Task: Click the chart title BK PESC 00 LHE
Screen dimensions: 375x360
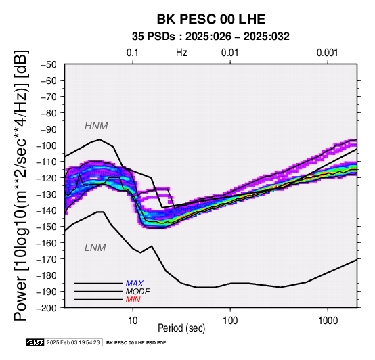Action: [x=211, y=19]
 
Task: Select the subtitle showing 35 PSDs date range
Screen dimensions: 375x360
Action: [x=211, y=37]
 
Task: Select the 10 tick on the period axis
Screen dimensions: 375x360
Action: [x=133, y=321]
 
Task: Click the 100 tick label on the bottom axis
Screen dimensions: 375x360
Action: [x=230, y=321]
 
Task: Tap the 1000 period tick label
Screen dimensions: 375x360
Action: [x=328, y=321]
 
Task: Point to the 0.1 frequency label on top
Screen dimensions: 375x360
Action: [x=133, y=53]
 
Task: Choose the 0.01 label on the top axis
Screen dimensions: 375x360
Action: [x=230, y=53]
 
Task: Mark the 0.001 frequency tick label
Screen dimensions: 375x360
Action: [x=328, y=53]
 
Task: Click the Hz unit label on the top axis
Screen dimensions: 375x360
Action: [x=181, y=53]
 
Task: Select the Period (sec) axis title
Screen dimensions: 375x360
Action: [x=181, y=328]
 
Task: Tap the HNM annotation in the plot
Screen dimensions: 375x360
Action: [x=96, y=126]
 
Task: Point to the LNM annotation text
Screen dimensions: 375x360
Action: [x=95, y=248]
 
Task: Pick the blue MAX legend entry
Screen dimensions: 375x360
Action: [x=135, y=284]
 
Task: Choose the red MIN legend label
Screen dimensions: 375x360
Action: [x=133, y=300]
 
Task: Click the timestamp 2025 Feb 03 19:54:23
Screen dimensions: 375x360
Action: [x=73, y=342]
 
